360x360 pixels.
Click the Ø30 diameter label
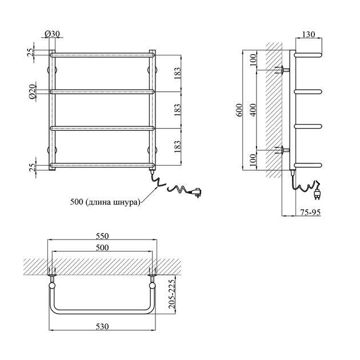click(x=52, y=34)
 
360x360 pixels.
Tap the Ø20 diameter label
click(x=33, y=91)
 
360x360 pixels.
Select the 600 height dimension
click(x=239, y=110)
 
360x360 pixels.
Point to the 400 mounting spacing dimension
click(x=253, y=110)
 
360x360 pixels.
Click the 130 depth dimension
click(x=309, y=34)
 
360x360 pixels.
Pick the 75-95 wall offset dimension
click(x=310, y=213)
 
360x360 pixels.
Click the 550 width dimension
click(x=102, y=236)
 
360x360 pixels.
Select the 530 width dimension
click(x=102, y=326)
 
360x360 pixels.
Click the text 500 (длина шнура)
click(x=105, y=202)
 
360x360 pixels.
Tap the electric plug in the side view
click(x=317, y=193)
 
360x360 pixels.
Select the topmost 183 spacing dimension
click(x=178, y=74)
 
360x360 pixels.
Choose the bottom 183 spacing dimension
click(x=178, y=146)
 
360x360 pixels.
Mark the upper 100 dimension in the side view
click(x=253, y=59)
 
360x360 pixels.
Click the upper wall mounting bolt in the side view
click(x=282, y=70)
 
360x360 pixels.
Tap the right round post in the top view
click(x=152, y=285)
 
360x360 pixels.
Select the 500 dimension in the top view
click(x=102, y=247)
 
